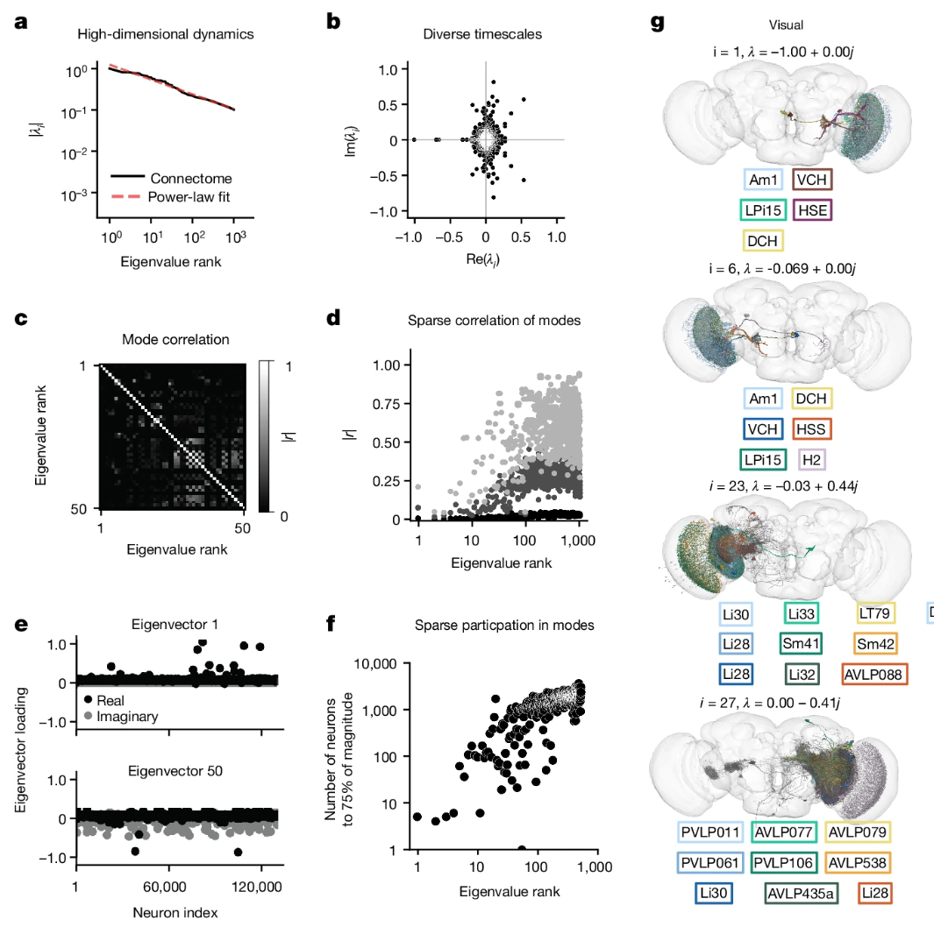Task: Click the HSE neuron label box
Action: (812, 209)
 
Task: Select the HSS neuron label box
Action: (812, 429)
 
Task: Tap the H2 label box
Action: (811, 459)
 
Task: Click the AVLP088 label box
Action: (874, 674)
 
